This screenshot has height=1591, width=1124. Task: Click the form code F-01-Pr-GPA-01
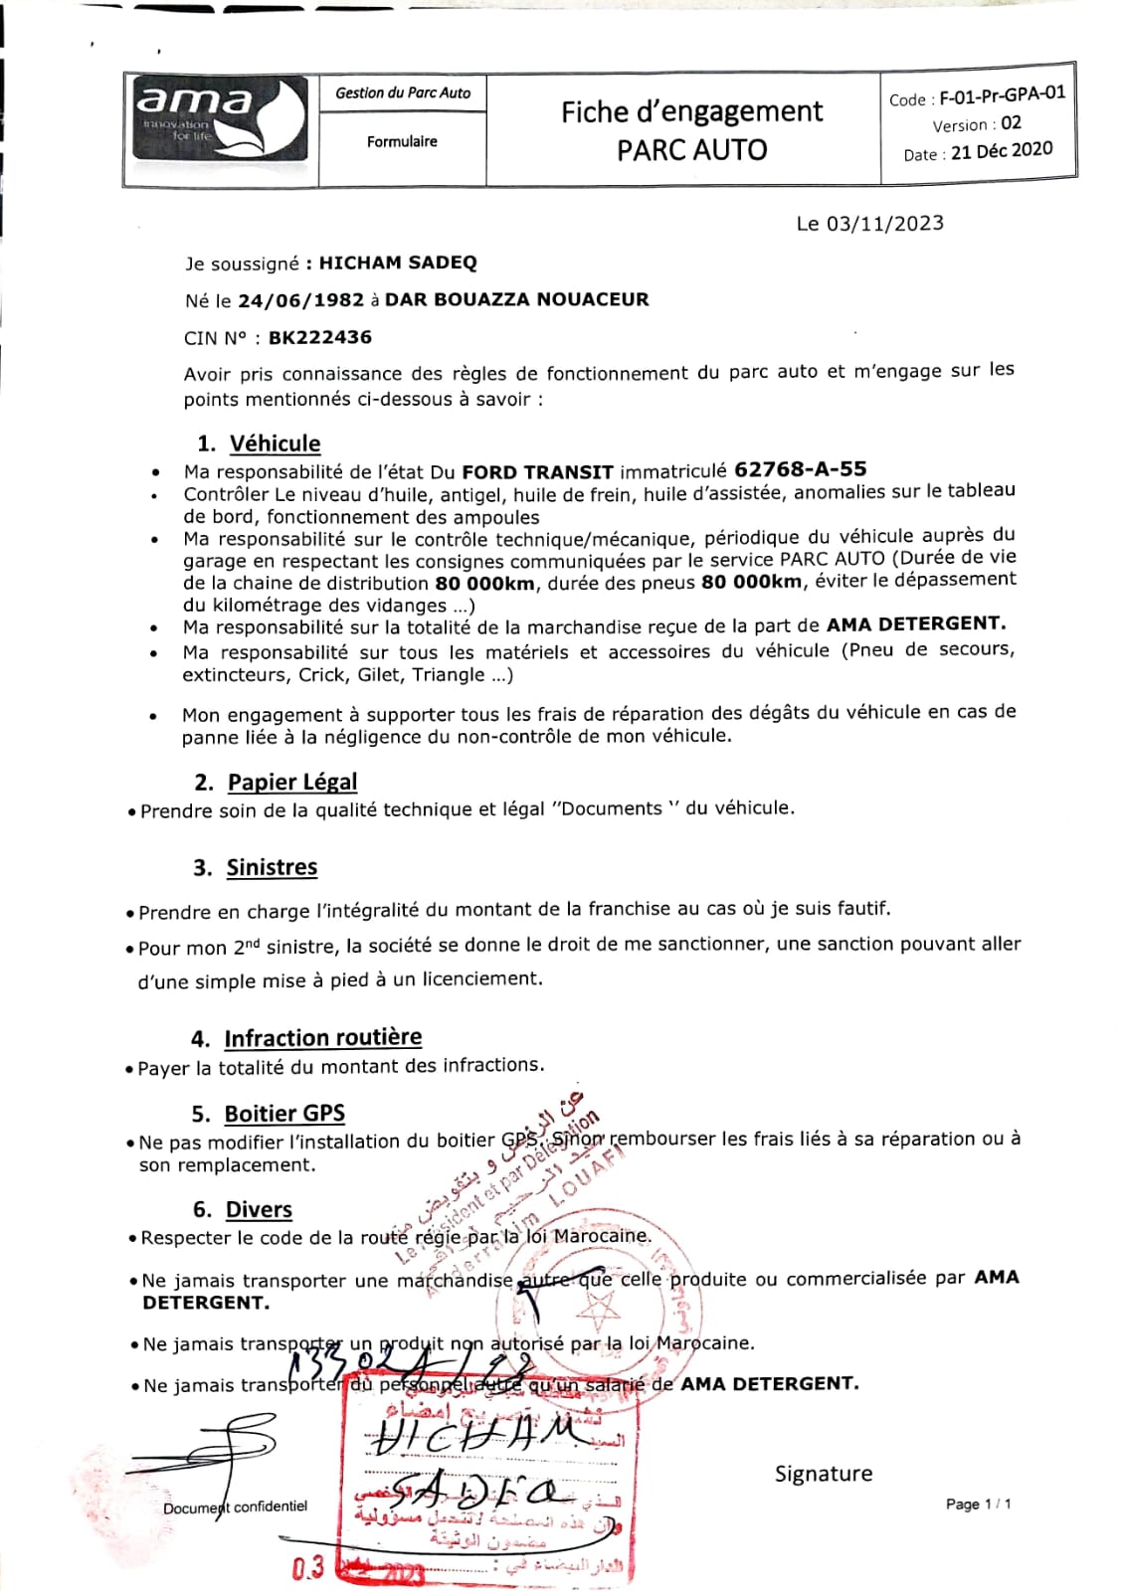click(x=1002, y=95)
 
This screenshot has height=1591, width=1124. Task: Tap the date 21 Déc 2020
click(x=1001, y=151)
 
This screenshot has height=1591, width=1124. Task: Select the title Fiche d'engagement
click(x=691, y=111)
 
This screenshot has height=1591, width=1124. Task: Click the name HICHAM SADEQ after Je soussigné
click(x=398, y=263)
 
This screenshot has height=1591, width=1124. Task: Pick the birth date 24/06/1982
click(x=301, y=300)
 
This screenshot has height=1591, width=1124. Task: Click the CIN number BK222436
click(x=320, y=337)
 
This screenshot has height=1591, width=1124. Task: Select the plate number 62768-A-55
click(x=800, y=468)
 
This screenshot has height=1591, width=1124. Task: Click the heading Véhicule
click(x=275, y=443)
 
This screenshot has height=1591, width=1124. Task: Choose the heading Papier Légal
click(x=292, y=782)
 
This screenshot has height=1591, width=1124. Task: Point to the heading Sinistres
click(x=272, y=867)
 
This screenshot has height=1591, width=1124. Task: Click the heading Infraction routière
click(x=322, y=1038)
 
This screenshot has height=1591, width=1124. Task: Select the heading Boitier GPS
click(x=284, y=1114)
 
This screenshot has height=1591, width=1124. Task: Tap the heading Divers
click(x=259, y=1209)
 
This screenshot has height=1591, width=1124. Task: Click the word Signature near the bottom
click(x=823, y=1474)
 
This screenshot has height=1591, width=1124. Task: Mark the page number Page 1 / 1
click(x=978, y=1504)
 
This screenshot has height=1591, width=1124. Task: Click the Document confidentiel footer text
click(x=236, y=1506)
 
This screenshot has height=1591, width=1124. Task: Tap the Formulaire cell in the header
click(x=402, y=142)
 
